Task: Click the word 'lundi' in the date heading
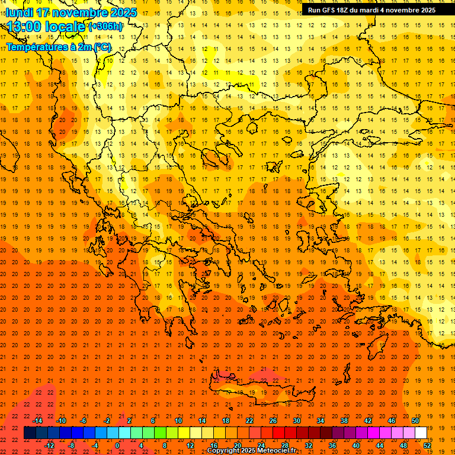(x=19, y=12)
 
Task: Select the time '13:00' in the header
(x=24, y=27)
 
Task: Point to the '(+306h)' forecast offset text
(x=105, y=27)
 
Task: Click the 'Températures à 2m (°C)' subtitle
(x=59, y=46)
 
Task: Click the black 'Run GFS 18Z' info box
(x=371, y=9)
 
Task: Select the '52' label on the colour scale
(x=426, y=446)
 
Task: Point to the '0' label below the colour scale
(x=117, y=446)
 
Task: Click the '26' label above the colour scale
(x=273, y=421)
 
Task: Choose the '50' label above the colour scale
(x=415, y=421)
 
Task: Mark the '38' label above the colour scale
(x=344, y=421)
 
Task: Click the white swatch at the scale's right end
(x=421, y=433)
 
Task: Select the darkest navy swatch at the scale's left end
(x=30, y=433)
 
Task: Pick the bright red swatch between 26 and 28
(x=278, y=433)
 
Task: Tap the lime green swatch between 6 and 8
(x=160, y=433)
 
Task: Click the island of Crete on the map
(x=255, y=388)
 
